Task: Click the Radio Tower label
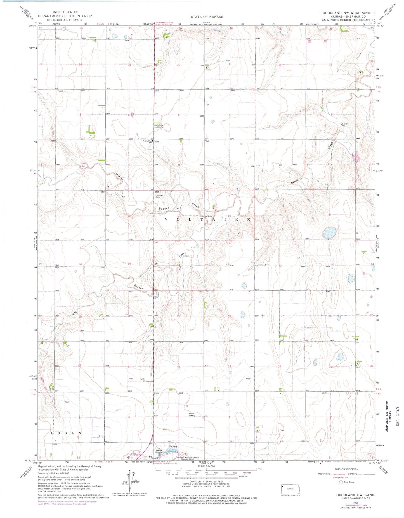click(191, 415)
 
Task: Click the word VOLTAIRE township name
click(207, 220)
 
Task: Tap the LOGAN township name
click(66, 433)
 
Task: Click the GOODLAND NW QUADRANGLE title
click(348, 13)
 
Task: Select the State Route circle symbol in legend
click(341, 482)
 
